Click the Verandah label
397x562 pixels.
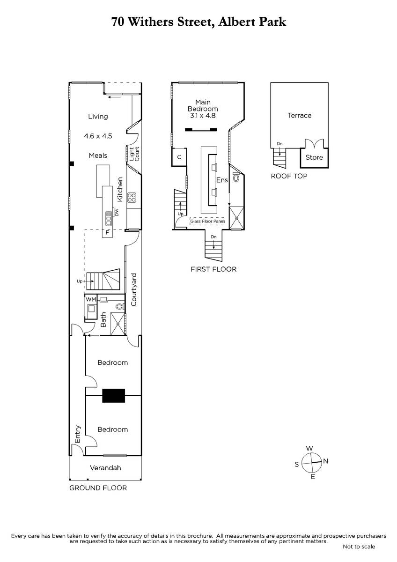[105, 468]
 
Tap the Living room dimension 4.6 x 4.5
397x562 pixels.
[98, 136]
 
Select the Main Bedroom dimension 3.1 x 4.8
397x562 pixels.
[203, 115]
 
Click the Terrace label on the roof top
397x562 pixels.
[300, 115]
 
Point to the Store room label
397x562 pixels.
[314, 157]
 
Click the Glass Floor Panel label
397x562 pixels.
[207, 221]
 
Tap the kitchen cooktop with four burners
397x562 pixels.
[132, 197]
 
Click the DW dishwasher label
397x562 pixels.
[117, 212]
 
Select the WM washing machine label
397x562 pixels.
[91, 299]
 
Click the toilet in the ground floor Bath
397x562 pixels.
[120, 307]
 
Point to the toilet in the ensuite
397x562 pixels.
[236, 177]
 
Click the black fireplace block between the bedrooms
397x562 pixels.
[113, 396]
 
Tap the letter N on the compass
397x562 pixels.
[325, 461]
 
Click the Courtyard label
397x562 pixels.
[134, 289]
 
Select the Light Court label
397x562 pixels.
[134, 154]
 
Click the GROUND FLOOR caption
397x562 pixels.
[98, 488]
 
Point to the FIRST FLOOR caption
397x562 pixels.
[213, 269]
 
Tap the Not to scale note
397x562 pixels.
[359, 547]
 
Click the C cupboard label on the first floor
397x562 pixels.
[179, 157]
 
